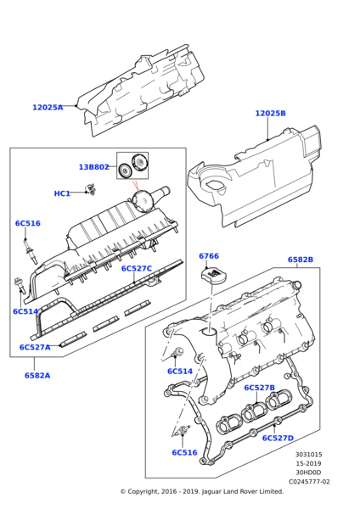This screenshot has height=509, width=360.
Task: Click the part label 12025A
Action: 48,108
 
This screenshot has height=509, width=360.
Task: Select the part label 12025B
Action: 270,114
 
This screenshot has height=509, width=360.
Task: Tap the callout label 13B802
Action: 94,167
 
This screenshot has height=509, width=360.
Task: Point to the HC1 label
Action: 62,193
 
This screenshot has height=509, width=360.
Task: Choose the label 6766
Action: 209,256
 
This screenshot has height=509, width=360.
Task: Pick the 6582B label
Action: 301,260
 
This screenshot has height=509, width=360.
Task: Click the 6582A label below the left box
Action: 37,376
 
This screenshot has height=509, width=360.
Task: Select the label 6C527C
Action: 137,268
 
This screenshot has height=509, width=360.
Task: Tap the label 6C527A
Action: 35,347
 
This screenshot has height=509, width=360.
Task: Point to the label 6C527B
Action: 259,388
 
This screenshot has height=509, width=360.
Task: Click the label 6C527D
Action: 278,439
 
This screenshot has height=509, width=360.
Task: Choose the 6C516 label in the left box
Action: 28,223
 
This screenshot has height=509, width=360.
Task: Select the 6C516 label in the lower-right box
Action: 184,452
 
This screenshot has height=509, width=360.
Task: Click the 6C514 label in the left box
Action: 25,311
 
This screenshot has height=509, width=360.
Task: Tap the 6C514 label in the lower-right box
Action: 180,371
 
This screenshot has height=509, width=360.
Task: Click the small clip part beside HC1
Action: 91,189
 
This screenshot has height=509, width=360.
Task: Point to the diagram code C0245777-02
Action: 309,482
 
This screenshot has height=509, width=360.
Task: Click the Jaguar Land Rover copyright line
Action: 202,491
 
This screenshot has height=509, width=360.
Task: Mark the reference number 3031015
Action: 309,455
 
